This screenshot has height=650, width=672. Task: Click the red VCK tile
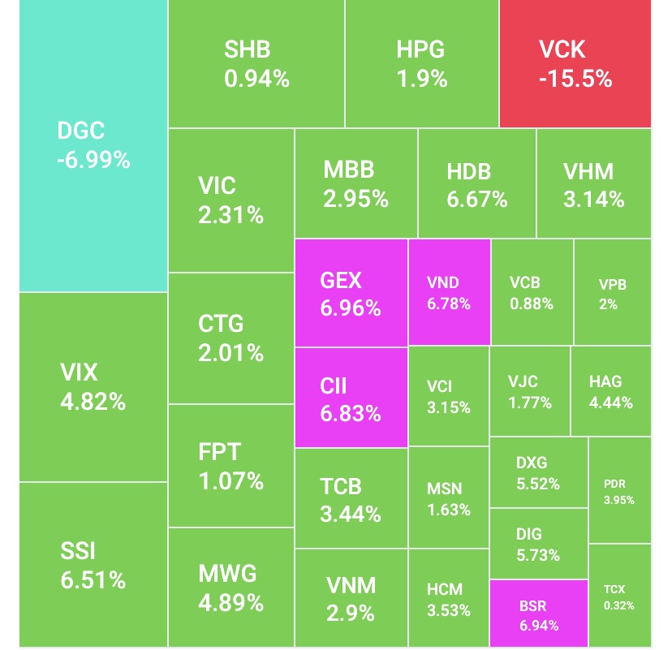[x=575, y=63]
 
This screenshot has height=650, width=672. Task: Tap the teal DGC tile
[x=93, y=145]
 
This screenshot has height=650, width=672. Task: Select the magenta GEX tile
[x=351, y=294]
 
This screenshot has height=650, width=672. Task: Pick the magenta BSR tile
[x=539, y=614]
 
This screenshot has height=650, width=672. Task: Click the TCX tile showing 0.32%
[x=619, y=596]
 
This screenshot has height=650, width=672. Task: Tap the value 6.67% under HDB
[x=477, y=200]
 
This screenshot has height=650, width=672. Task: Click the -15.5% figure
[x=575, y=79]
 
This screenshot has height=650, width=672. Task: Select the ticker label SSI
[x=78, y=552]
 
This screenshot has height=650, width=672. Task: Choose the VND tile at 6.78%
[x=449, y=293]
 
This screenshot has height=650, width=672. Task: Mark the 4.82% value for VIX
[x=93, y=402]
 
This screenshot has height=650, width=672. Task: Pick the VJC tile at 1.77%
[x=530, y=391]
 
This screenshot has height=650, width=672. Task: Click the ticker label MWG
[x=227, y=573]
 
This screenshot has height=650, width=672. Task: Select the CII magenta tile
[x=351, y=398]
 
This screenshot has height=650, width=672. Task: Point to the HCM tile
[x=449, y=598]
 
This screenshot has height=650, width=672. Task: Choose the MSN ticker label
[x=444, y=489]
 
